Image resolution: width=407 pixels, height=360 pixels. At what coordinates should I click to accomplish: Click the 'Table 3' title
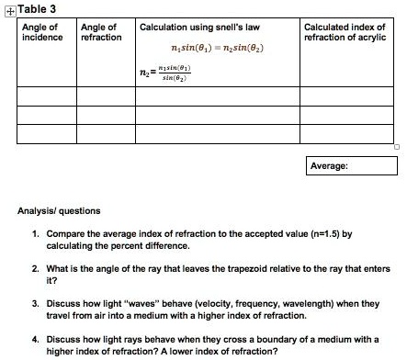click(32, 9)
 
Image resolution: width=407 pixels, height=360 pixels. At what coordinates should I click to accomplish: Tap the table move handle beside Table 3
click(7, 9)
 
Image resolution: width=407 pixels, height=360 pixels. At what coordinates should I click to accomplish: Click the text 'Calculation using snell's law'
click(199, 28)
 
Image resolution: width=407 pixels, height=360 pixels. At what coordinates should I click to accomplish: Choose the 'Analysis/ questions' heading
click(58, 211)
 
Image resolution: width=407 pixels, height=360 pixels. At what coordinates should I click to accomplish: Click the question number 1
click(35, 234)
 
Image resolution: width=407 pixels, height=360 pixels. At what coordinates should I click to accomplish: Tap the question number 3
click(35, 301)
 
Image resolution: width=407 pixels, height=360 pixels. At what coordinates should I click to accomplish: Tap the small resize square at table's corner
click(398, 147)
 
